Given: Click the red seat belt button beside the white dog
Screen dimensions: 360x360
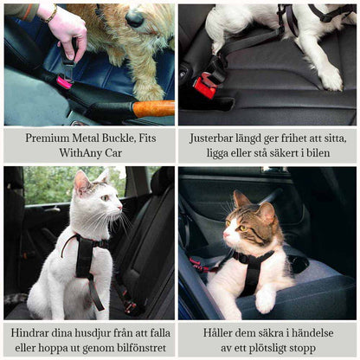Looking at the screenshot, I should coord(204,87).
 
